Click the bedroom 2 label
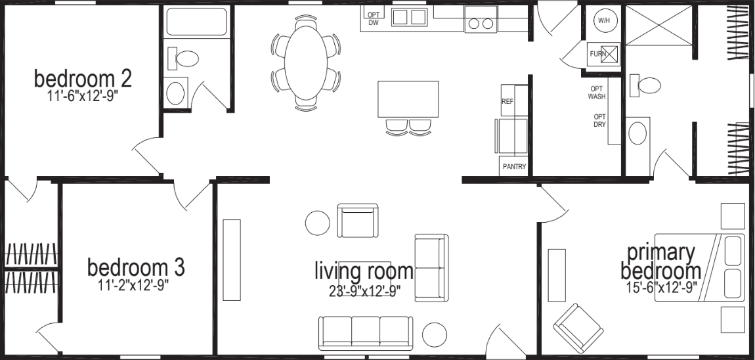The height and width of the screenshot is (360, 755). (83, 79)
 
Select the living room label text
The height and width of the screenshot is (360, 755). (364, 270)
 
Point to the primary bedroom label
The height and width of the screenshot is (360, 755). (660, 262)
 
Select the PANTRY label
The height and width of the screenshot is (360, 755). (514, 167)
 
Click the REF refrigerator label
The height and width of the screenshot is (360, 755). (507, 102)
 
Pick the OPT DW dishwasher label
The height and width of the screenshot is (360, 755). (374, 18)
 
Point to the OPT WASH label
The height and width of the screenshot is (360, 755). (597, 93)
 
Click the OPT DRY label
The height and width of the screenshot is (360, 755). (599, 120)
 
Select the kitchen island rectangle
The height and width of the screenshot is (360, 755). (408, 99)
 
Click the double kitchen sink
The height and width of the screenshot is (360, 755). (409, 17)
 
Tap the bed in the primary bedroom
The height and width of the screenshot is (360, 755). (699, 266)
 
